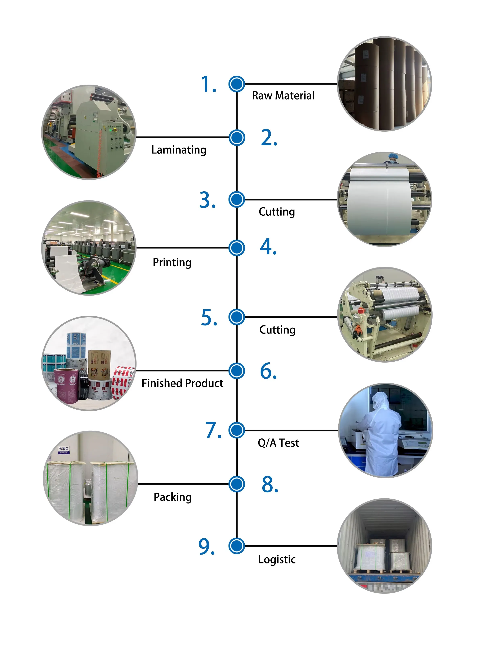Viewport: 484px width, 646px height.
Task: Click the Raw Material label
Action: (x=283, y=95)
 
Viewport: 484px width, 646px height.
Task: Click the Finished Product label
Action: (x=182, y=383)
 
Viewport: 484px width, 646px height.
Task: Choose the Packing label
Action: (x=172, y=497)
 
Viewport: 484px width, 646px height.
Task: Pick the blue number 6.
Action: (x=268, y=371)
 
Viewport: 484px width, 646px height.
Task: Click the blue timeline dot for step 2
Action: (x=237, y=137)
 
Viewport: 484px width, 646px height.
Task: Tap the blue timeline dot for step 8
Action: (x=237, y=484)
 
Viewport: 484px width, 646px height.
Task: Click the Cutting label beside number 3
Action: (x=276, y=212)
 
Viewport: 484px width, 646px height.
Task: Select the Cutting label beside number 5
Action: (x=277, y=330)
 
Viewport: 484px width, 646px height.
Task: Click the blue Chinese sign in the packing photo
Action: (x=64, y=450)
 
